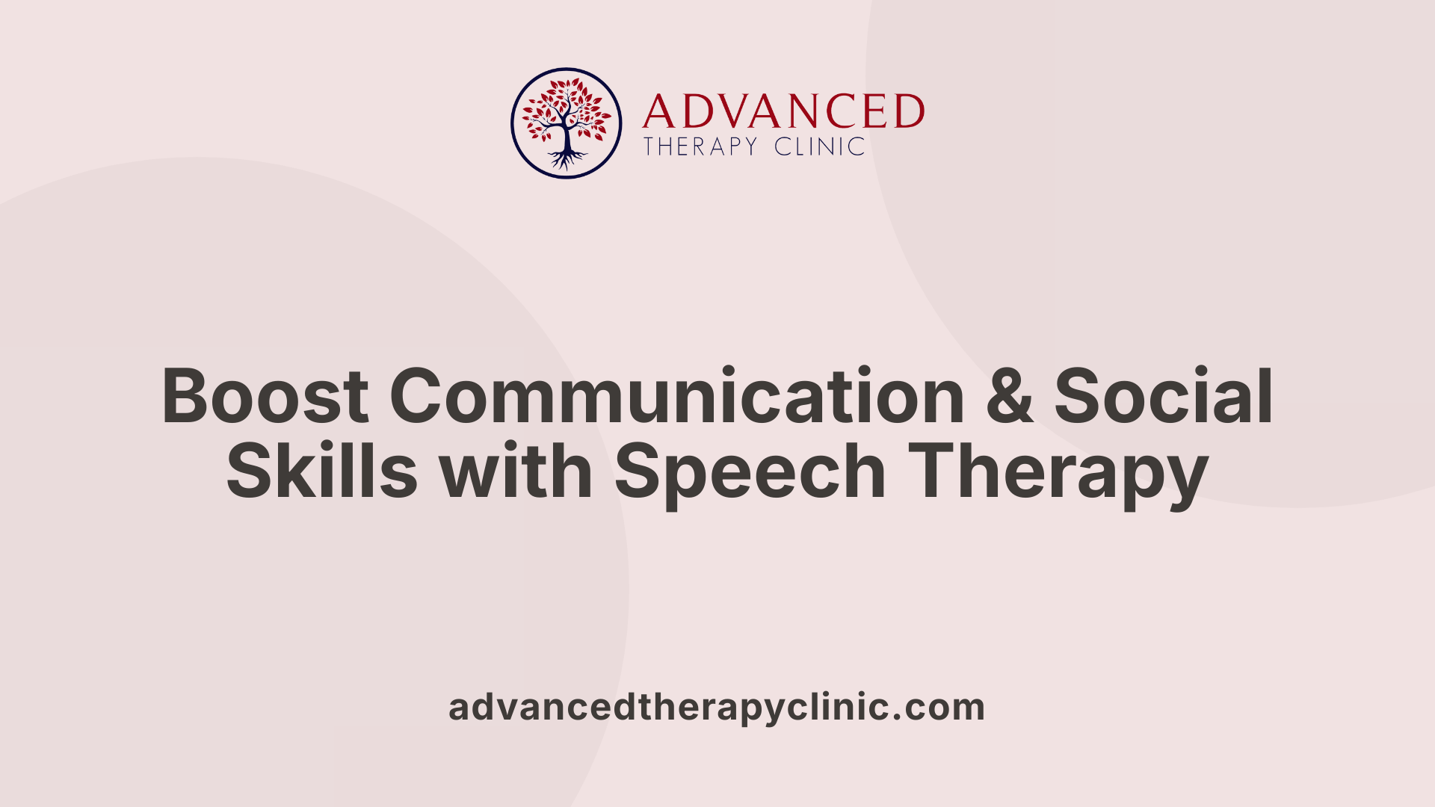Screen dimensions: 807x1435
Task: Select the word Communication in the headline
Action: coord(677,396)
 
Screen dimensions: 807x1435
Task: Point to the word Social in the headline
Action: coord(1163,396)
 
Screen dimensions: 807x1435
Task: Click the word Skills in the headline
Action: coord(321,471)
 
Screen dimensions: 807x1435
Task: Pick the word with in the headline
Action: coord(516,471)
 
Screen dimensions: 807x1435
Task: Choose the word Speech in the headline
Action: coord(750,471)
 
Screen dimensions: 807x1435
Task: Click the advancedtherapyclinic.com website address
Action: coord(717,708)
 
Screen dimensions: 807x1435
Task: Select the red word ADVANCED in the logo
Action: coord(783,112)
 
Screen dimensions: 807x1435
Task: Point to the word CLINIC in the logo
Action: coord(819,146)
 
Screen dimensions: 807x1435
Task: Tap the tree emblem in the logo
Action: coord(567,123)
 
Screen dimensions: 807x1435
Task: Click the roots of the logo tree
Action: coord(567,159)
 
